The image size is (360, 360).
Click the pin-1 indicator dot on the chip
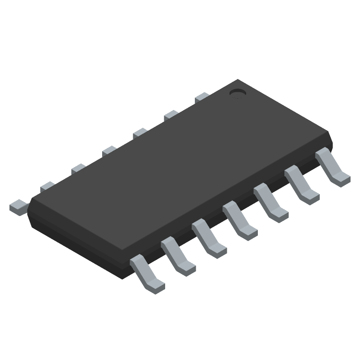tap(237, 93)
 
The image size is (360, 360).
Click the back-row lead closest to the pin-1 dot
tap(202, 97)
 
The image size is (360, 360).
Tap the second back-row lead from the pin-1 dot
tap(171, 115)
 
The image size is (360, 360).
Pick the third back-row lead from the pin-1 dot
tap(140, 133)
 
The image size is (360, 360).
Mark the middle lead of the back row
tap(109, 151)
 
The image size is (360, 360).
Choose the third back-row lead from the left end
tap(78, 169)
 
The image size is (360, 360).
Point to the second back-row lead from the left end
tap(47, 186)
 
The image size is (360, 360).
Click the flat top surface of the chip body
tap(180, 175)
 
